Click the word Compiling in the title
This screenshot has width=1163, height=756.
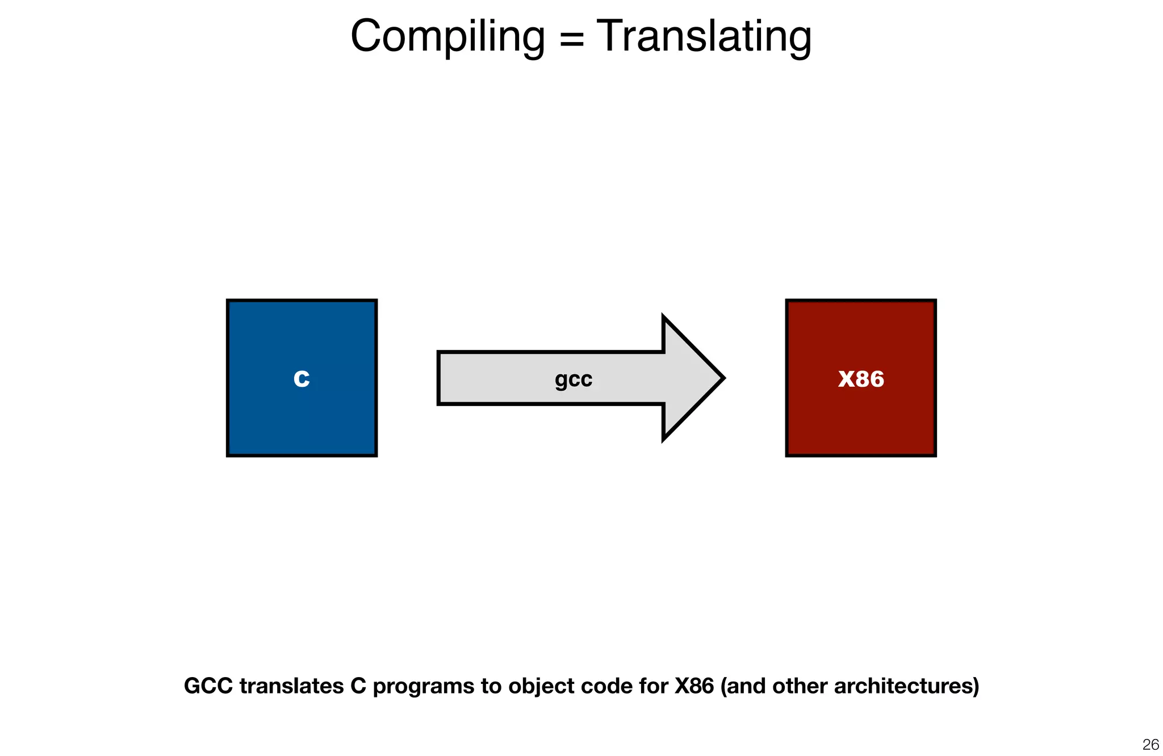(x=447, y=37)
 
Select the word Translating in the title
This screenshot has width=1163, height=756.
(x=704, y=37)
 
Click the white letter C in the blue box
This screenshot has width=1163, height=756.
(x=302, y=378)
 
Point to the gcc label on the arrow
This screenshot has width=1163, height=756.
(x=574, y=379)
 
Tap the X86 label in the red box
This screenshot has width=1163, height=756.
(x=861, y=379)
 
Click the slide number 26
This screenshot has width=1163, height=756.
(x=1151, y=744)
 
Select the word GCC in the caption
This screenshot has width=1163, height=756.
(x=208, y=686)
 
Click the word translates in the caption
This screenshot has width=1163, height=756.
(x=291, y=686)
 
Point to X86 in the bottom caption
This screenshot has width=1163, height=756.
(x=693, y=686)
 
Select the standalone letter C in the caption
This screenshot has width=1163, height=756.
(x=358, y=686)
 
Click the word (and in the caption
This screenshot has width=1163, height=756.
(x=743, y=686)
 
